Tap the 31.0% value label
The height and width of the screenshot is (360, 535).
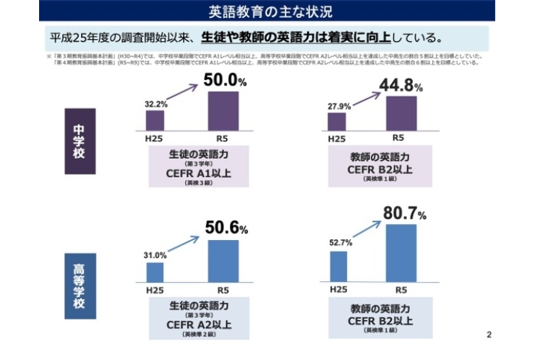[155, 255]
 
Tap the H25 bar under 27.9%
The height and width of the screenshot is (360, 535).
[336, 122]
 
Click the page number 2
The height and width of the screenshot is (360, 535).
[489, 334]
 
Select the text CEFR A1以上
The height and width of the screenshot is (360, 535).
[199, 173]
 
